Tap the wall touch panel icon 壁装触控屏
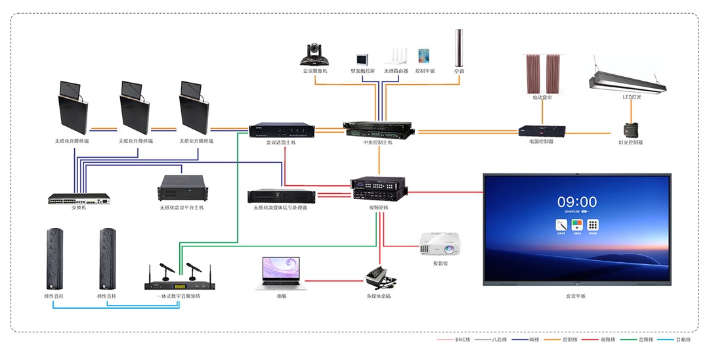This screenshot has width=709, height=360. (x=362, y=58)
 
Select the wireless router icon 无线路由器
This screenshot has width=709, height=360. (x=396, y=56)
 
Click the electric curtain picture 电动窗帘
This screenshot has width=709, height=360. (x=542, y=73)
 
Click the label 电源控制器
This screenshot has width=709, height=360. (x=541, y=141)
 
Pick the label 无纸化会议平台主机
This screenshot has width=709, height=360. (x=181, y=208)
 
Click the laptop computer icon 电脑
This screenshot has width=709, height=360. (x=281, y=273)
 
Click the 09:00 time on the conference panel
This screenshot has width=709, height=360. (x=577, y=202)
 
